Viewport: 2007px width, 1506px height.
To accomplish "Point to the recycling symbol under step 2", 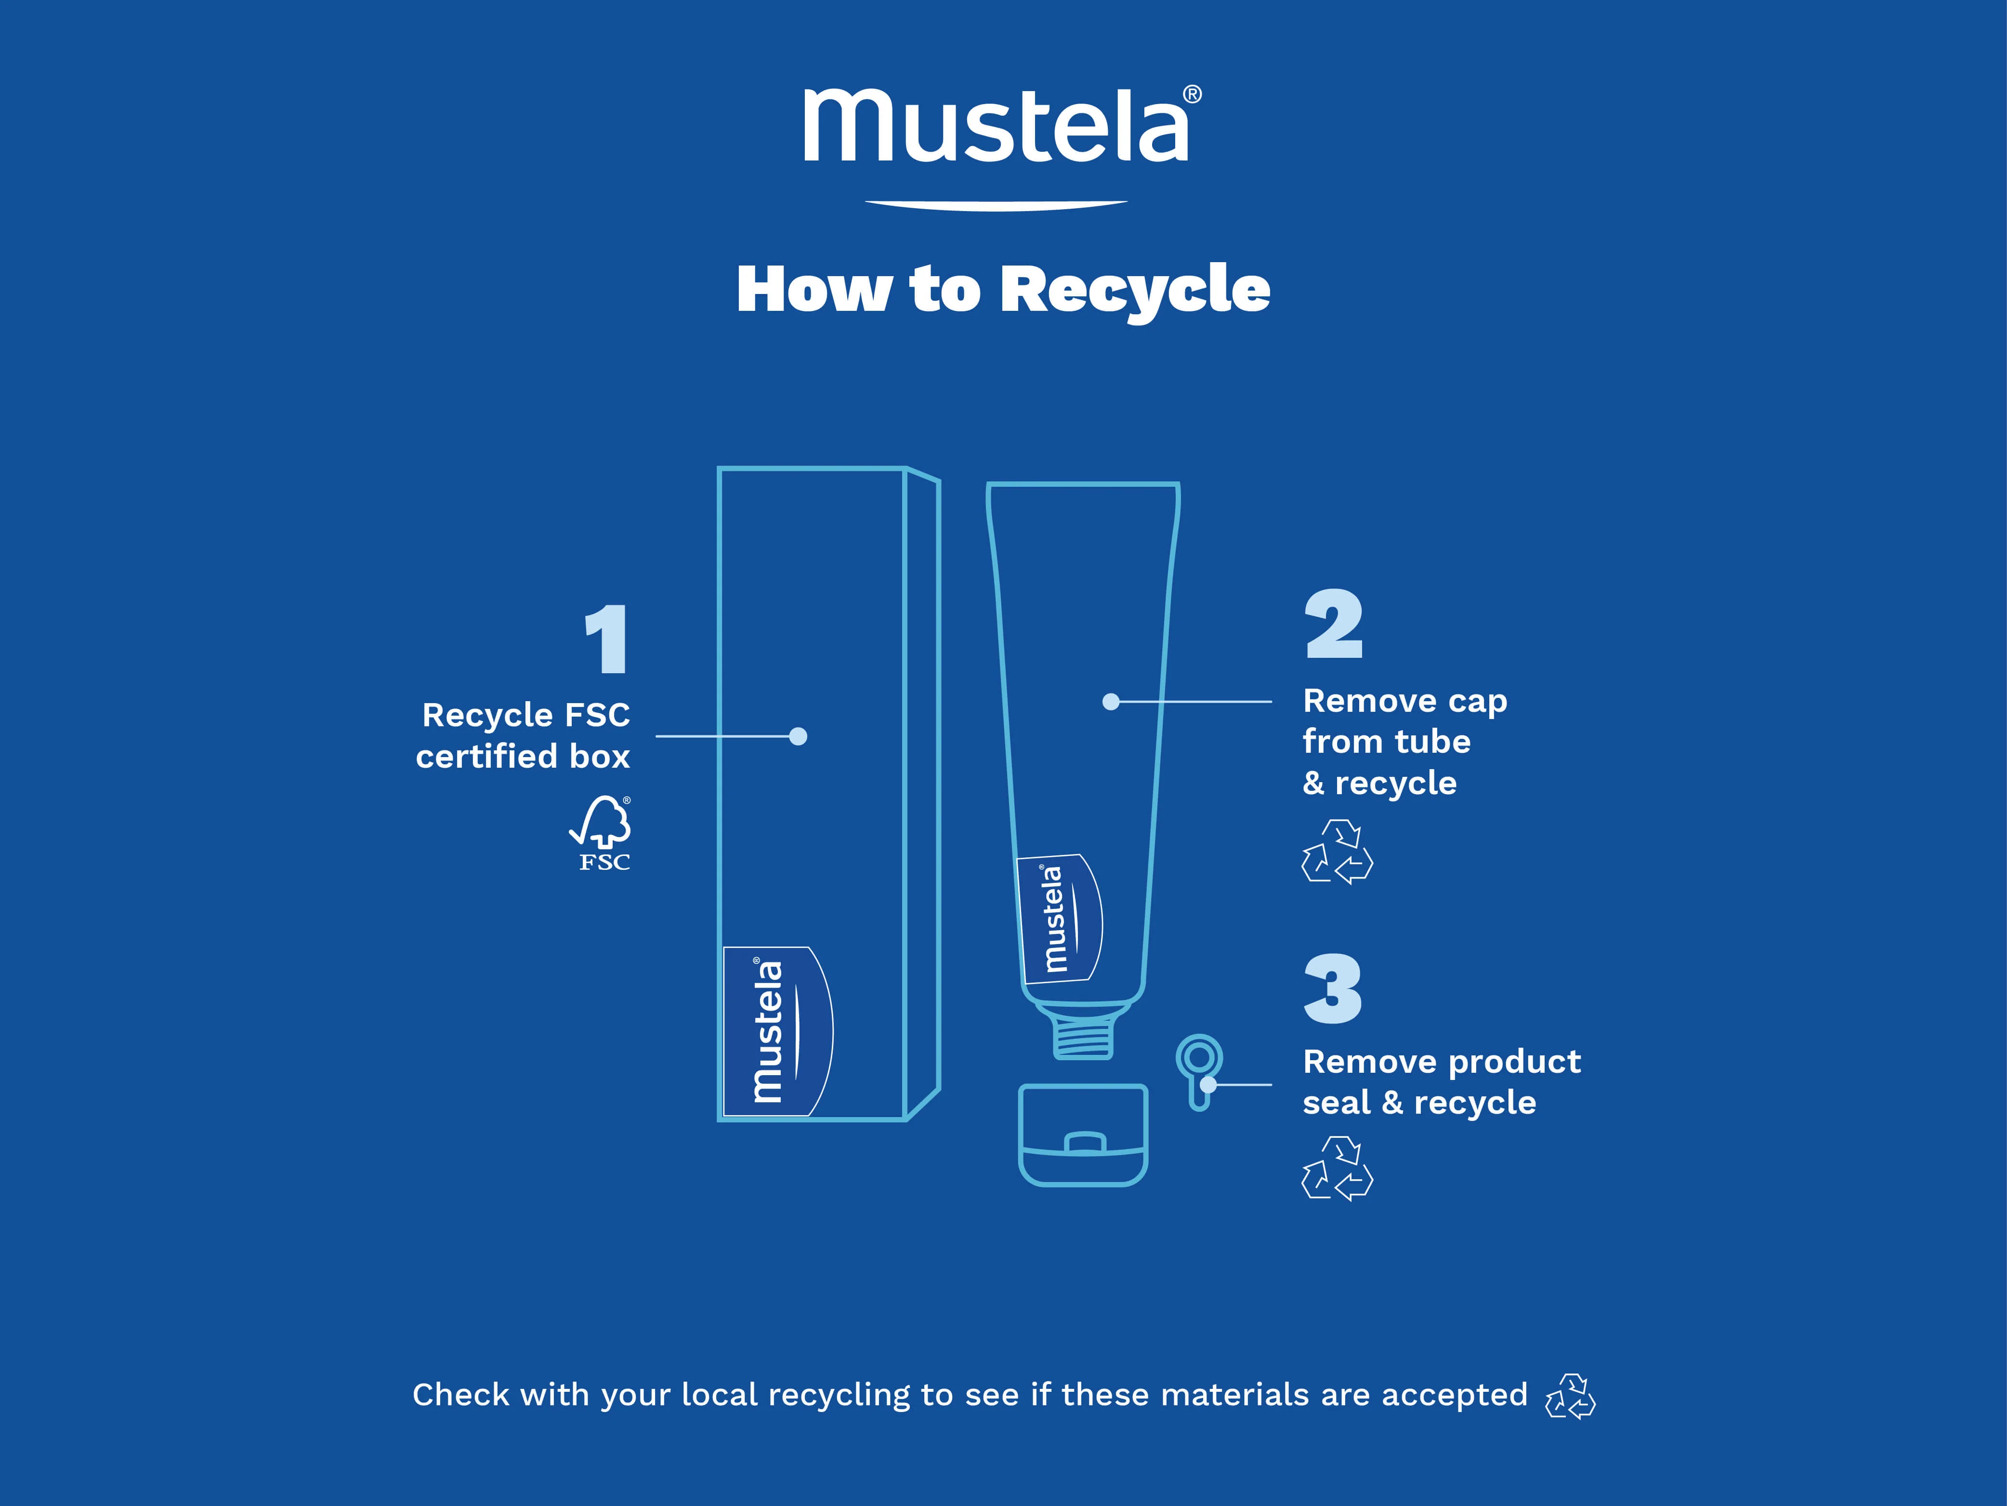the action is click(1338, 852).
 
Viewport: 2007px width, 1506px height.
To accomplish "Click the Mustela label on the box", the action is click(777, 1031).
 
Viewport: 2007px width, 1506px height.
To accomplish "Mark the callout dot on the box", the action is click(799, 736).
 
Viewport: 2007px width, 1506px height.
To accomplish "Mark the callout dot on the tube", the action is click(1111, 702).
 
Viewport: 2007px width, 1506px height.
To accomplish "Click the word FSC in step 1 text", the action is click(597, 715).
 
